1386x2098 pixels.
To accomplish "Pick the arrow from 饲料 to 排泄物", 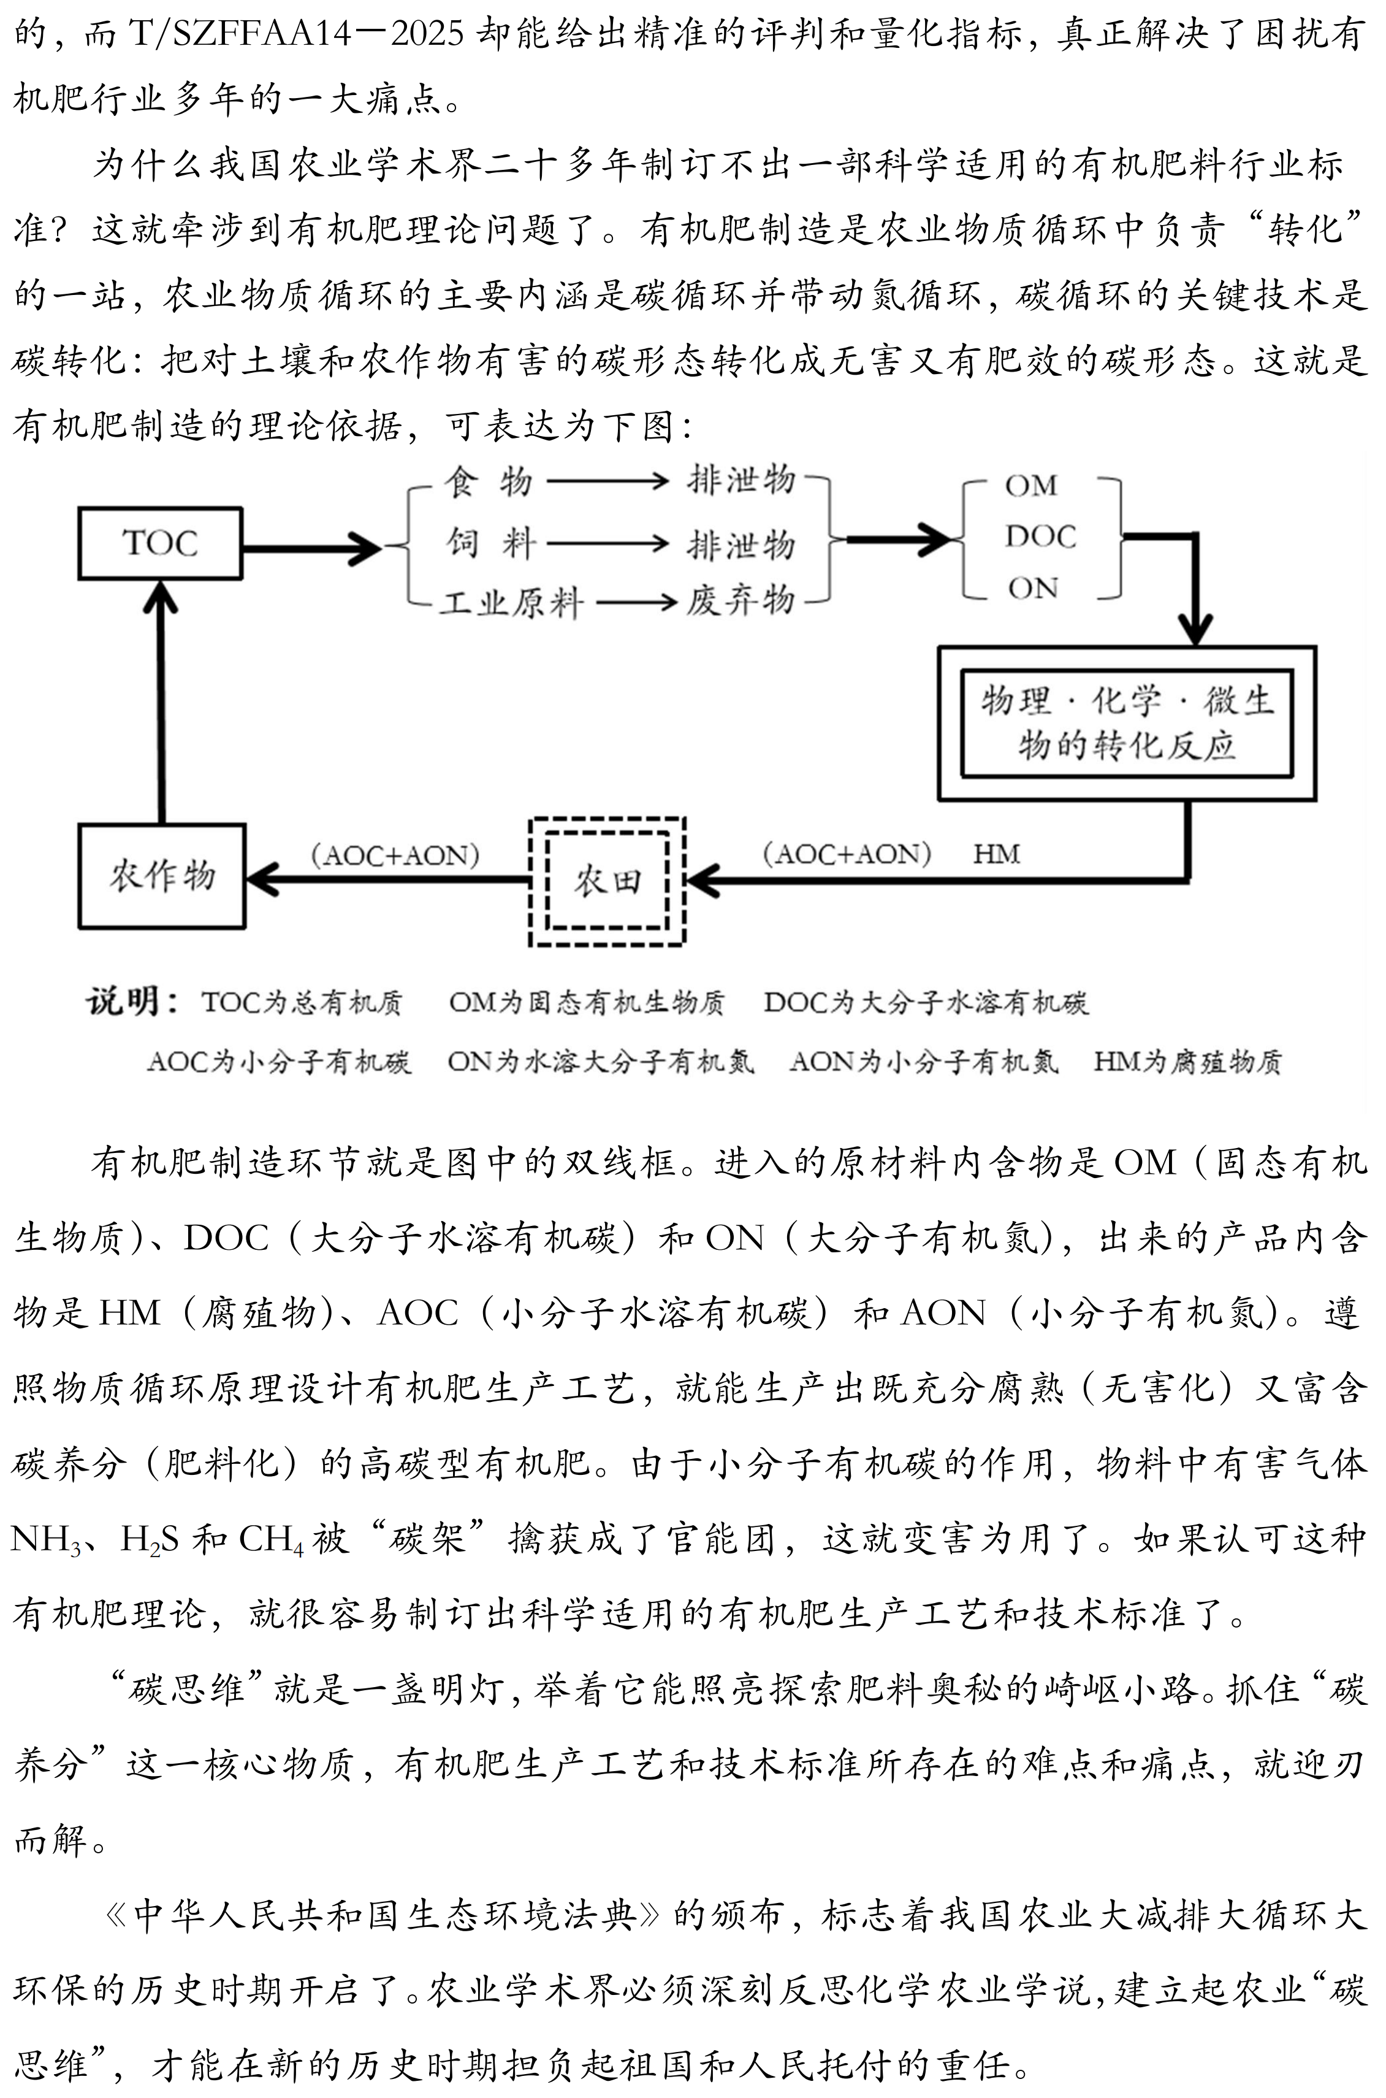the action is point(608,543).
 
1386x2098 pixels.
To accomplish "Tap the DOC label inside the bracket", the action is point(1040,537).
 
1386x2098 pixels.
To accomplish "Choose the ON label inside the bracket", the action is point(1032,588).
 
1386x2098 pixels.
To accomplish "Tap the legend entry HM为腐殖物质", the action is point(1187,1061).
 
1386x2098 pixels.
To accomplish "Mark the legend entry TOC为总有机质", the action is point(302,1003).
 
